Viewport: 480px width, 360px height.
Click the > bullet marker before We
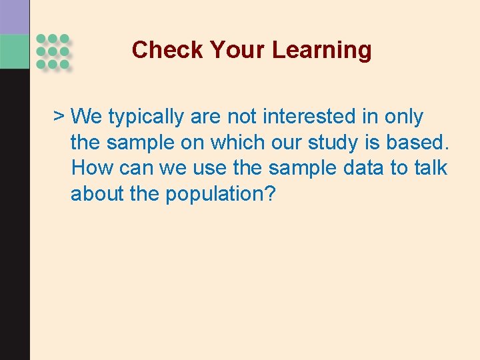click(59, 117)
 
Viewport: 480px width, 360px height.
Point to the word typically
click(146, 117)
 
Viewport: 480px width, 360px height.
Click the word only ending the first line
click(404, 117)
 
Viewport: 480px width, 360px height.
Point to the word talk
click(431, 168)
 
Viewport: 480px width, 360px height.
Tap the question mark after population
click(270, 194)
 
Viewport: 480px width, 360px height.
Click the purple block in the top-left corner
click(15, 17)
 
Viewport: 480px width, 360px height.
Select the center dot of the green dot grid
click(53, 51)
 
